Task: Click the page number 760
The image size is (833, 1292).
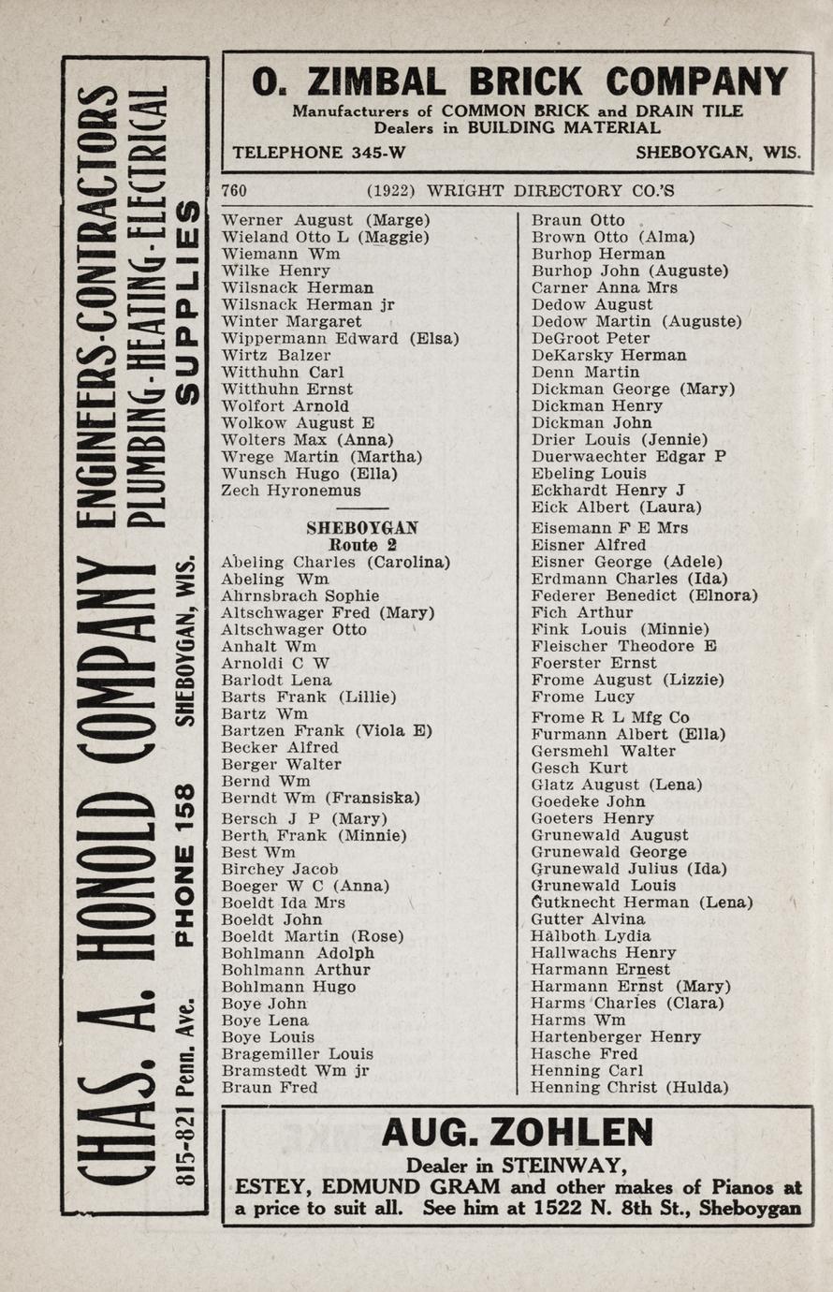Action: click(x=234, y=191)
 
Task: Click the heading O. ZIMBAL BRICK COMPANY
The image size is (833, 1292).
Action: click(x=519, y=82)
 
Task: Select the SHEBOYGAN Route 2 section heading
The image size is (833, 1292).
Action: click(x=362, y=536)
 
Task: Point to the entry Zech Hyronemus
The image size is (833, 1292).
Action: click(x=291, y=491)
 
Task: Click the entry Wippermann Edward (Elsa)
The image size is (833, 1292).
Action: click(x=340, y=339)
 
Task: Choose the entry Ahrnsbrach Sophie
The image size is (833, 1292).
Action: click(x=300, y=595)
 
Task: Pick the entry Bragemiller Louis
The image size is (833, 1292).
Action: click(x=298, y=1053)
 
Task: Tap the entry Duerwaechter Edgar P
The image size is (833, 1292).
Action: click(x=628, y=457)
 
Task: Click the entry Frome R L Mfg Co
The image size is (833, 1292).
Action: click(x=610, y=717)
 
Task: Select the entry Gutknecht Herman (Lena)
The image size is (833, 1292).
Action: click(x=641, y=903)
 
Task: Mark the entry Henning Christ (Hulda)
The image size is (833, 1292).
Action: click(x=629, y=1087)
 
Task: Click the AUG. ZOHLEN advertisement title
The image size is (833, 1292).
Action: click(x=518, y=1135)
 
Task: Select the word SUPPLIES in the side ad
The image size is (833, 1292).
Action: click(x=187, y=301)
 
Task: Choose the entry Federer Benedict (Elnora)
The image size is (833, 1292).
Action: click(x=644, y=595)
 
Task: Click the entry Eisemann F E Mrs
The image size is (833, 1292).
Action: click(x=609, y=528)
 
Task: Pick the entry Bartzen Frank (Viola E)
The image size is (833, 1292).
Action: click(x=327, y=730)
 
